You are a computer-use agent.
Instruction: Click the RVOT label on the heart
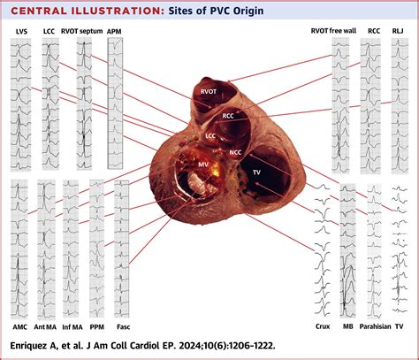[209, 92]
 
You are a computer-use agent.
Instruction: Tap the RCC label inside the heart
[228, 116]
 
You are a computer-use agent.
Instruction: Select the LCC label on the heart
[210, 136]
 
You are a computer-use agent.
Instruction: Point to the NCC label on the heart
[235, 152]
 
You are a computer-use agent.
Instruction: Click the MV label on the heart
[203, 165]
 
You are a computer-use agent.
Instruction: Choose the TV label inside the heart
[256, 172]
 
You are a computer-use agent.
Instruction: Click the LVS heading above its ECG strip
[22, 32]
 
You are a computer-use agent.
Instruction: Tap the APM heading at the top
[114, 32]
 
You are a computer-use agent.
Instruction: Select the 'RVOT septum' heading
[82, 31]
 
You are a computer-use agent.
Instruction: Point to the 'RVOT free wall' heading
[333, 31]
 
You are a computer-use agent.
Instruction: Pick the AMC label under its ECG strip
[20, 327]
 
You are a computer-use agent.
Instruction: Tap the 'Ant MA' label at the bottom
[45, 327]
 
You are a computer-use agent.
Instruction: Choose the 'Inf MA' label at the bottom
[72, 327]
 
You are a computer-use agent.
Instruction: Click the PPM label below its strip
[97, 327]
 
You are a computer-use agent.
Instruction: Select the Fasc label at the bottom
[123, 327]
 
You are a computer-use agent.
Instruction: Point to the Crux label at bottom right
[323, 326]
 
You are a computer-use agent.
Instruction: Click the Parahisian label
[375, 326]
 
